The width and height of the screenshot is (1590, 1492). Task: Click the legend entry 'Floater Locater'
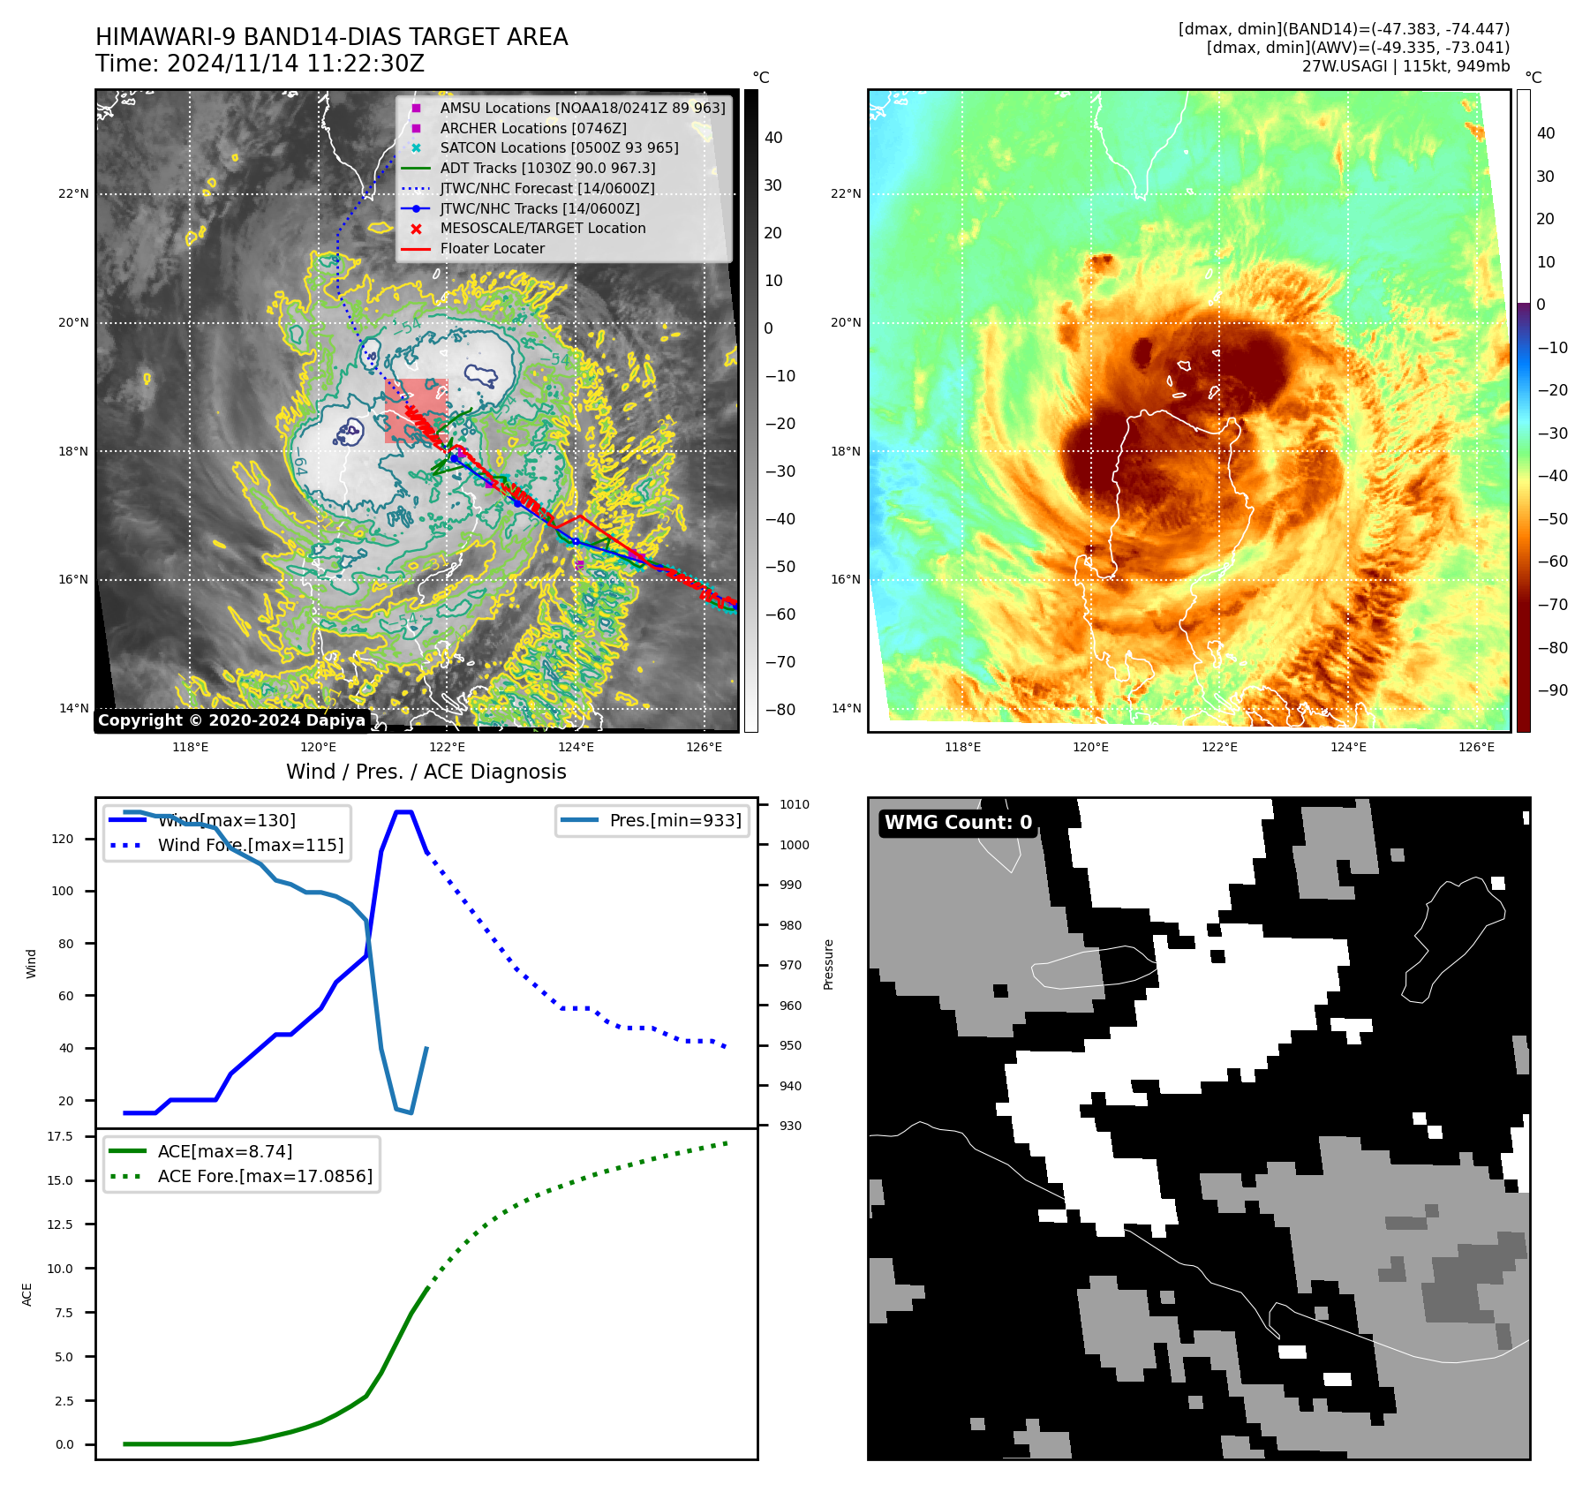pyautogui.click(x=492, y=249)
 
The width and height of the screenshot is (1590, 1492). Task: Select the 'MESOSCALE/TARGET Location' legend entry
pyautogui.click(x=542, y=229)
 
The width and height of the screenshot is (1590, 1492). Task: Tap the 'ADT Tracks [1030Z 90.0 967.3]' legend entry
pyautogui.click(x=547, y=169)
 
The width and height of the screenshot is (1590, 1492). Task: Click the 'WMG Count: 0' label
pyautogui.click(x=958, y=823)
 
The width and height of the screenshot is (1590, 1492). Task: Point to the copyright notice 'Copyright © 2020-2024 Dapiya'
pyautogui.click(x=231, y=720)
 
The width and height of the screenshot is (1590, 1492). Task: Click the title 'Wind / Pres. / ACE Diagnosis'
pyautogui.click(x=426, y=772)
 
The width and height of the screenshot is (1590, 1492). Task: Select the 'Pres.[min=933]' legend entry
pyautogui.click(x=674, y=821)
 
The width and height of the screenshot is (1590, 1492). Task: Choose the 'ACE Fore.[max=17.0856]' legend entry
pyautogui.click(x=265, y=1177)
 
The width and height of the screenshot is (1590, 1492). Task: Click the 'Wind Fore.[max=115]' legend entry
pyautogui.click(x=250, y=846)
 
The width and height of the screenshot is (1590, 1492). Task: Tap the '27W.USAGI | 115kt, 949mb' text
pyautogui.click(x=1405, y=66)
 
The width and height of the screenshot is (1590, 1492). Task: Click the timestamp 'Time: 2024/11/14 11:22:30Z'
pyautogui.click(x=260, y=64)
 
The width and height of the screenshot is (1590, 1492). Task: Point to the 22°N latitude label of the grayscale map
pyautogui.click(x=74, y=194)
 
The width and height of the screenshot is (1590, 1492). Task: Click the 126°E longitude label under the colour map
pyautogui.click(x=1476, y=748)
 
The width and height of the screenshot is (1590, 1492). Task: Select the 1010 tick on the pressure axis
pyautogui.click(x=794, y=805)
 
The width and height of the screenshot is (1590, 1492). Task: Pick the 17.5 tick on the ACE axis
pyautogui.click(x=60, y=1137)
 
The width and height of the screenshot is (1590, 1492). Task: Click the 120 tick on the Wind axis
pyautogui.click(x=63, y=840)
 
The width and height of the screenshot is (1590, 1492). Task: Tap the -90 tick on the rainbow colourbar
pyautogui.click(x=1552, y=691)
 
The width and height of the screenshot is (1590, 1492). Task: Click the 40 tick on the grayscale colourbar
pyautogui.click(x=773, y=138)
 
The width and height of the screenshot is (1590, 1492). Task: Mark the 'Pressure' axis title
pyautogui.click(x=828, y=964)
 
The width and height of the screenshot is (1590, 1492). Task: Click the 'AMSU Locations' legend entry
pyautogui.click(x=582, y=109)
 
